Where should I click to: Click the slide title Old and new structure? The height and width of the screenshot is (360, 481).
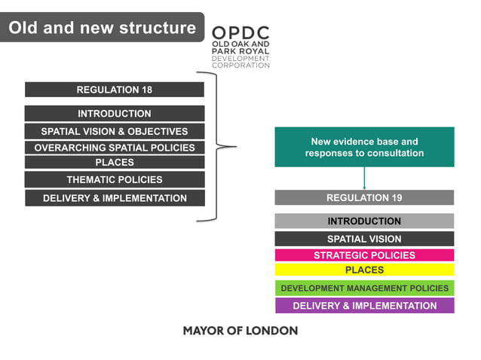click(x=102, y=28)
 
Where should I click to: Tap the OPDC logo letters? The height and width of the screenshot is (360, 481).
click(x=240, y=33)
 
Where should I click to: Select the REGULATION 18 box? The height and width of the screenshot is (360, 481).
click(x=114, y=90)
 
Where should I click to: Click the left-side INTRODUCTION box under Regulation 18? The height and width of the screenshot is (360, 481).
click(x=114, y=114)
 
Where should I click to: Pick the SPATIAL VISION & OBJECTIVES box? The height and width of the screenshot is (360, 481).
click(x=114, y=131)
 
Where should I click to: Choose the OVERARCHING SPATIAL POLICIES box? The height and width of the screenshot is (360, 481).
click(x=114, y=148)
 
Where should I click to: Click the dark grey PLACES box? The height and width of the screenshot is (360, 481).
click(x=114, y=162)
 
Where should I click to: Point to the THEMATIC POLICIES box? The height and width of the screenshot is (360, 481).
click(x=114, y=179)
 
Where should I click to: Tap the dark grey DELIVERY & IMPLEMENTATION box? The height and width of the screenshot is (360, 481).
click(x=114, y=198)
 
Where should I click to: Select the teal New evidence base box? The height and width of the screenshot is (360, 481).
click(x=364, y=147)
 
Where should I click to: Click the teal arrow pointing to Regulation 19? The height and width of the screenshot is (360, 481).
click(x=364, y=179)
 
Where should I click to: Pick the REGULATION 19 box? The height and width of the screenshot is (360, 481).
click(x=364, y=197)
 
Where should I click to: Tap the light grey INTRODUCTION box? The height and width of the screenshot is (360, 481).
click(x=364, y=221)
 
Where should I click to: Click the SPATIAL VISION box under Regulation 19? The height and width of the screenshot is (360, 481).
click(x=364, y=239)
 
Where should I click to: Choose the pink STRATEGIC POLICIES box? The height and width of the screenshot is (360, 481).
click(x=364, y=255)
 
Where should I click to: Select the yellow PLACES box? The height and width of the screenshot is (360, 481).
click(x=364, y=270)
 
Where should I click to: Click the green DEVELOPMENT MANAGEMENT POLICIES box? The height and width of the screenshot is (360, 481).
click(x=364, y=288)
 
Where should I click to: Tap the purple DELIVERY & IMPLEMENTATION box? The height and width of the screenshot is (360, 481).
click(x=364, y=306)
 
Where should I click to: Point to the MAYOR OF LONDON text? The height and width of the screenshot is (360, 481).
click(x=240, y=331)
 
